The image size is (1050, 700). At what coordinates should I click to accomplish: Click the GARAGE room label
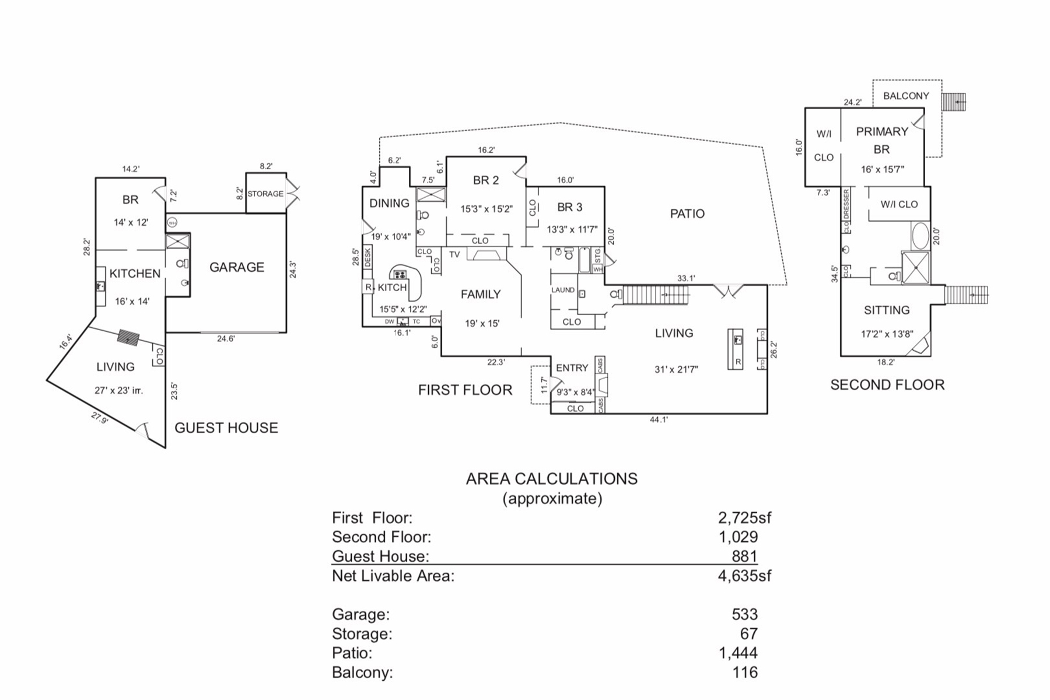(237, 267)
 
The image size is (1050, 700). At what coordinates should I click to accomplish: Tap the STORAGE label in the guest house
(265, 194)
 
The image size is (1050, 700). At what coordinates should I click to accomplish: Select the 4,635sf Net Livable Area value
(744, 576)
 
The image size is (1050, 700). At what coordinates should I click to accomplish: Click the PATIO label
(687, 213)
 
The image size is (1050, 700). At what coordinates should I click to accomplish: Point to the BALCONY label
(906, 96)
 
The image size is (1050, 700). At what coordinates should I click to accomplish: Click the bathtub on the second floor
(920, 236)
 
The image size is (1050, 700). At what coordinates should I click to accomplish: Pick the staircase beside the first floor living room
(656, 295)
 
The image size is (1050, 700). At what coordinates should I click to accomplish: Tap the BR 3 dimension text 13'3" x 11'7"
(572, 230)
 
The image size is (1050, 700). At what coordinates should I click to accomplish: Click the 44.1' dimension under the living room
(659, 419)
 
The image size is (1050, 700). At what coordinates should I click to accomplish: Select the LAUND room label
(563, 290)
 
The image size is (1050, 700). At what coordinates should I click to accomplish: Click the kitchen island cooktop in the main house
(400, 274)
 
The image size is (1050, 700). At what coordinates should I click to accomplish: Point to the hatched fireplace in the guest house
(128, 337)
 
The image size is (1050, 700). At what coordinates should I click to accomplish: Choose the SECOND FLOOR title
(887, 385)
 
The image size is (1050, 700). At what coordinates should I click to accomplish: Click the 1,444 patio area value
(738, 653)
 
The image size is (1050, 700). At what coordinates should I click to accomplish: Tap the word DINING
(389, 203)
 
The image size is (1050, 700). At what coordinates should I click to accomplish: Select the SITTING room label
(887, 310)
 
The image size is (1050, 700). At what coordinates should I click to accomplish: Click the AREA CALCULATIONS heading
(551, 479)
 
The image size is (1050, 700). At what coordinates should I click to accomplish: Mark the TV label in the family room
(454, 254)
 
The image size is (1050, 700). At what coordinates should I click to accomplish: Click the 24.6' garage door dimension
(226, 338)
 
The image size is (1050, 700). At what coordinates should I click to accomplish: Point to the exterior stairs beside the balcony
(953, 102)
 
